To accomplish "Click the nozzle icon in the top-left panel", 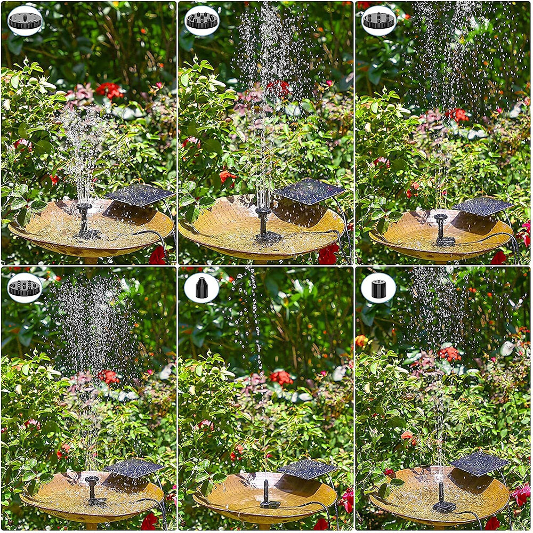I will tap(25, 21).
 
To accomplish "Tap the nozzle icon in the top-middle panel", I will tap(202, 21).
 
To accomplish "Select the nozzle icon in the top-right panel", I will tap(379, 21).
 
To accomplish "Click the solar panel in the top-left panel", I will tap(140, 195).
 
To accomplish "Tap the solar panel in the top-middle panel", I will tap(310, 191).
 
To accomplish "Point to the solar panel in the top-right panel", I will tap(482, 206).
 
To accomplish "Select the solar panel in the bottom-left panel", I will tap(134, 467).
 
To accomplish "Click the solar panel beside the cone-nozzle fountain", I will tap(308, 469).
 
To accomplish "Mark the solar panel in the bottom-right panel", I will tap(480, 463).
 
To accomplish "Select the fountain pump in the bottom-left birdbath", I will tap(94, 490).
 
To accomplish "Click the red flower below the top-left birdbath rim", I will tap(158, 256).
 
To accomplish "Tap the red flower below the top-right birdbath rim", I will tap(498, 258).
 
